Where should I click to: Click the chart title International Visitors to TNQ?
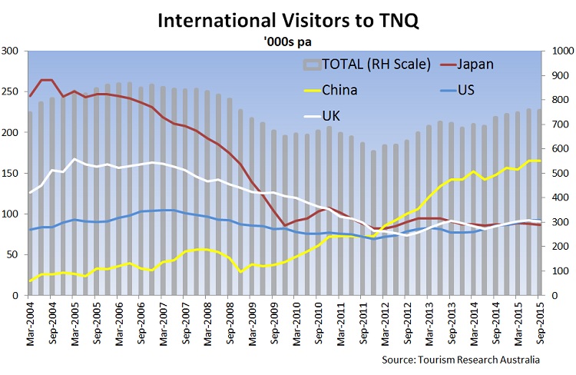(x=288, y=20)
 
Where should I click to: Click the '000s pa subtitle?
(x=287, y=41)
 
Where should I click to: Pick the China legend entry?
(x=340, y=90)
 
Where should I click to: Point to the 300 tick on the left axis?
(x=12, y=51)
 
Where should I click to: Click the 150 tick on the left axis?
(x=12, y=173)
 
